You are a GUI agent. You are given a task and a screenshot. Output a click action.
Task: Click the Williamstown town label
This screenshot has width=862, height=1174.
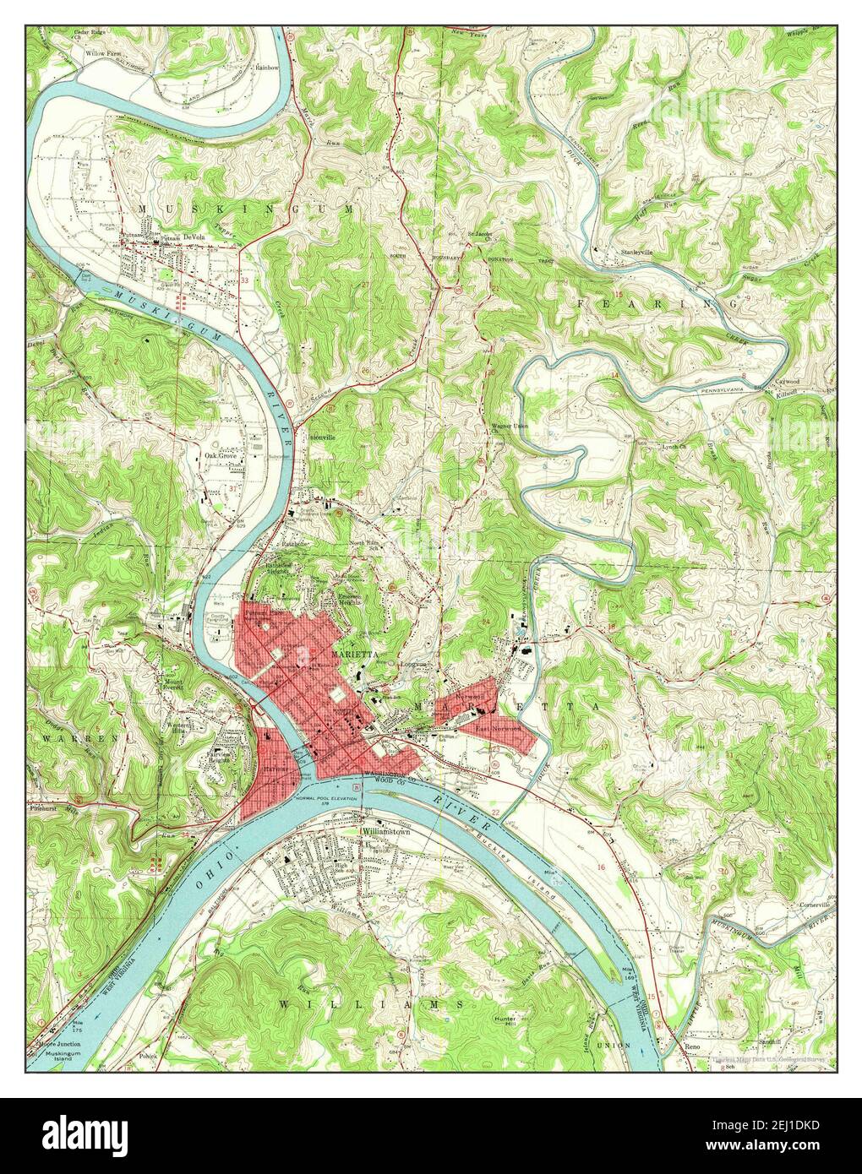(x=387, y=831)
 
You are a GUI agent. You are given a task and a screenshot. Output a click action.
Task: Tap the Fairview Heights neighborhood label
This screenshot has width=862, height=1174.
(x=231, y=757)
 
